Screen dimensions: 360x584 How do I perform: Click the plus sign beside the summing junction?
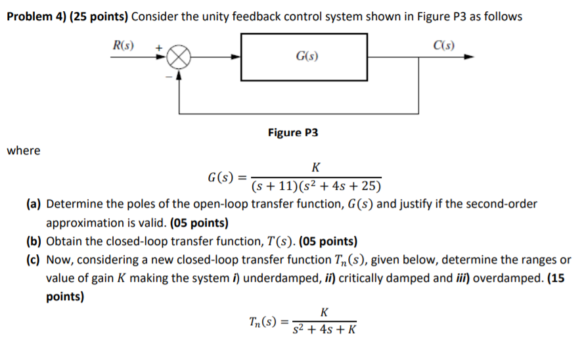pos(158,48)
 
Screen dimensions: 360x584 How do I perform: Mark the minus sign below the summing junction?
pos(168,76)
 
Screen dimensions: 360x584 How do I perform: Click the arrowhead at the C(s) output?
pos(468,57)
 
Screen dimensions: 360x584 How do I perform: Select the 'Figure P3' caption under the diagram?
pos(293,133)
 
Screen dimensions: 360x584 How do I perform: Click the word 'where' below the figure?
pos(24,151)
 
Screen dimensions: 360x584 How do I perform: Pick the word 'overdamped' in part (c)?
pos(504,278)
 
